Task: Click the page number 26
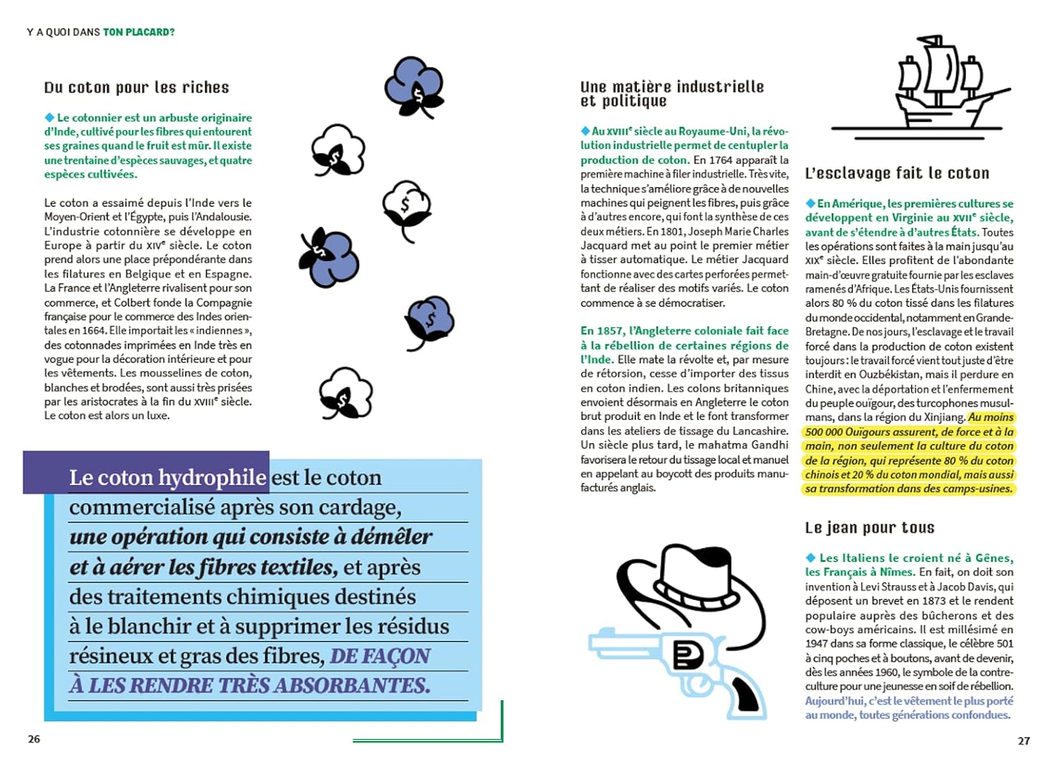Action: [34, 739]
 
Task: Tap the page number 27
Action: [1024, 740]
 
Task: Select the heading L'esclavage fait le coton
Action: [897, 174]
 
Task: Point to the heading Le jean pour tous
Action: [869, 528]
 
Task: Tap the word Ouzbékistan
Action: [898, 375]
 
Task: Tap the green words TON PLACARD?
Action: [139, 32]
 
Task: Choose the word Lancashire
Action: [756, 431]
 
